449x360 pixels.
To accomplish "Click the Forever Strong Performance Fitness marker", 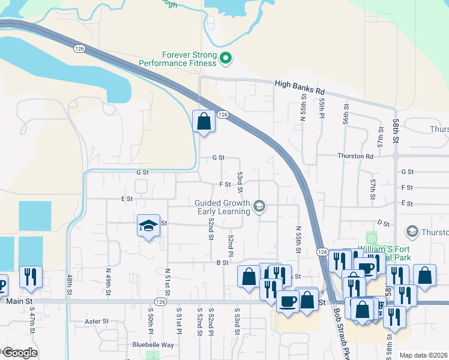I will point(226,58).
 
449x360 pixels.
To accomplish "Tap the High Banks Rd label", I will point(299,85).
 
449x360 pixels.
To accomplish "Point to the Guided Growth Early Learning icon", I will point(259,206).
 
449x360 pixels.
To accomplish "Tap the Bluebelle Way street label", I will point(154,345).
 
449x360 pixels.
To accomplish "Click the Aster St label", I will point(96,321).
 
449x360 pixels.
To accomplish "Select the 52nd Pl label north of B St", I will point(230,245).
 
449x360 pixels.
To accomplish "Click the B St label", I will point(223,263).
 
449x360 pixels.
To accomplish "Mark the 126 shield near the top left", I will point(79,47).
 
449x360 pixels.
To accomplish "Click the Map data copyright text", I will point(423,355).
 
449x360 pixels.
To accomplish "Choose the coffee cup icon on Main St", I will point(287,299).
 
